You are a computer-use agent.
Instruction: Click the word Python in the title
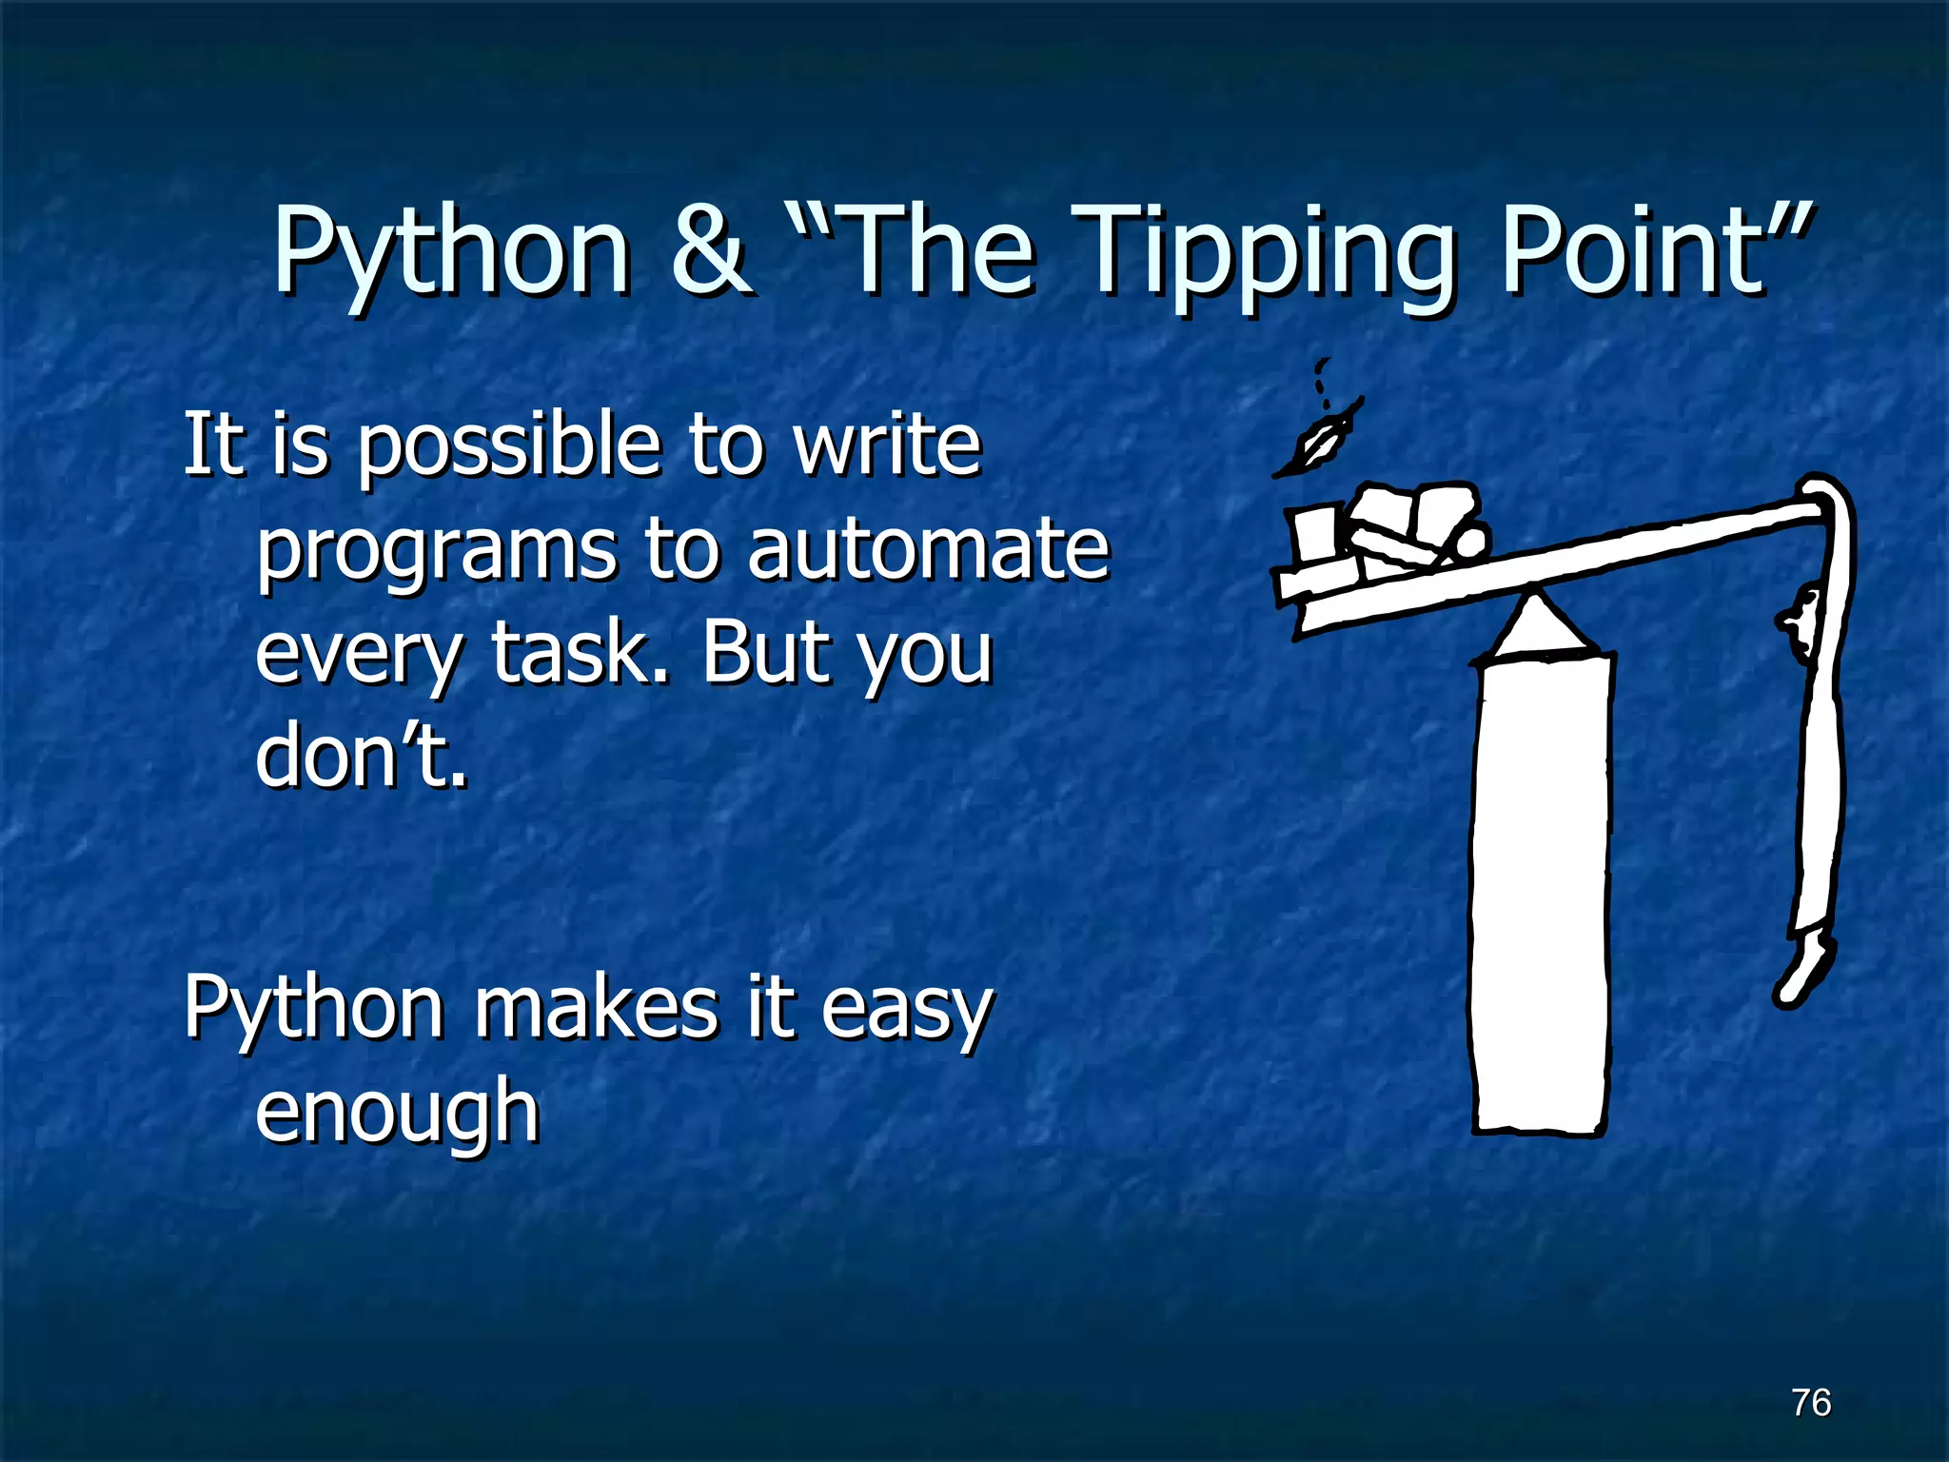pyautogui.click(x=451, y=252)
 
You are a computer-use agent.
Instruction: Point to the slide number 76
pyautogui.click(x=1811, y=1402)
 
